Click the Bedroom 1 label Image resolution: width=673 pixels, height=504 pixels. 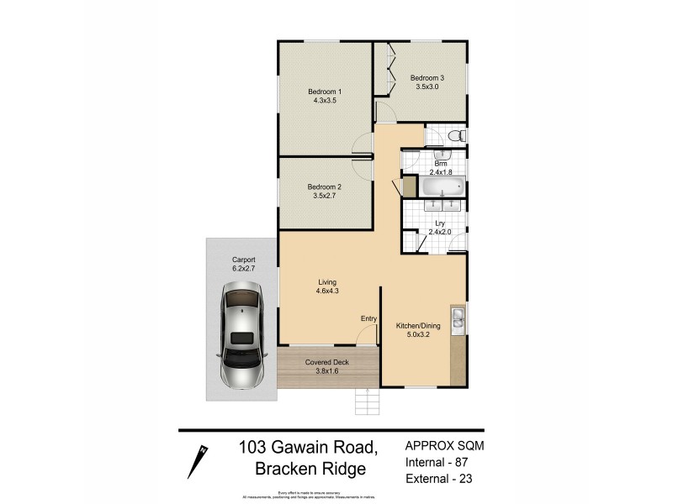pos(324,91)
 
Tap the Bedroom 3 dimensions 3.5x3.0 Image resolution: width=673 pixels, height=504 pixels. pos(428,86)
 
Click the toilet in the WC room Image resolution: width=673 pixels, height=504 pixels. pos(453,135)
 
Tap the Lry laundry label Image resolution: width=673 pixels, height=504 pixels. pos(440,223)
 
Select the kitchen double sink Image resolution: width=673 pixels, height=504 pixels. pos(458,318)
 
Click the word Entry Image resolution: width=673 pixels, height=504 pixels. pos(368,318)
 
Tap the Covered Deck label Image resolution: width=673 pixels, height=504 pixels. pos(330,362)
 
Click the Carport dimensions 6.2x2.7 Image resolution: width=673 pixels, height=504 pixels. pos(243,269)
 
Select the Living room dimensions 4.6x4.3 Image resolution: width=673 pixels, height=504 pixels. pos(328,291)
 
